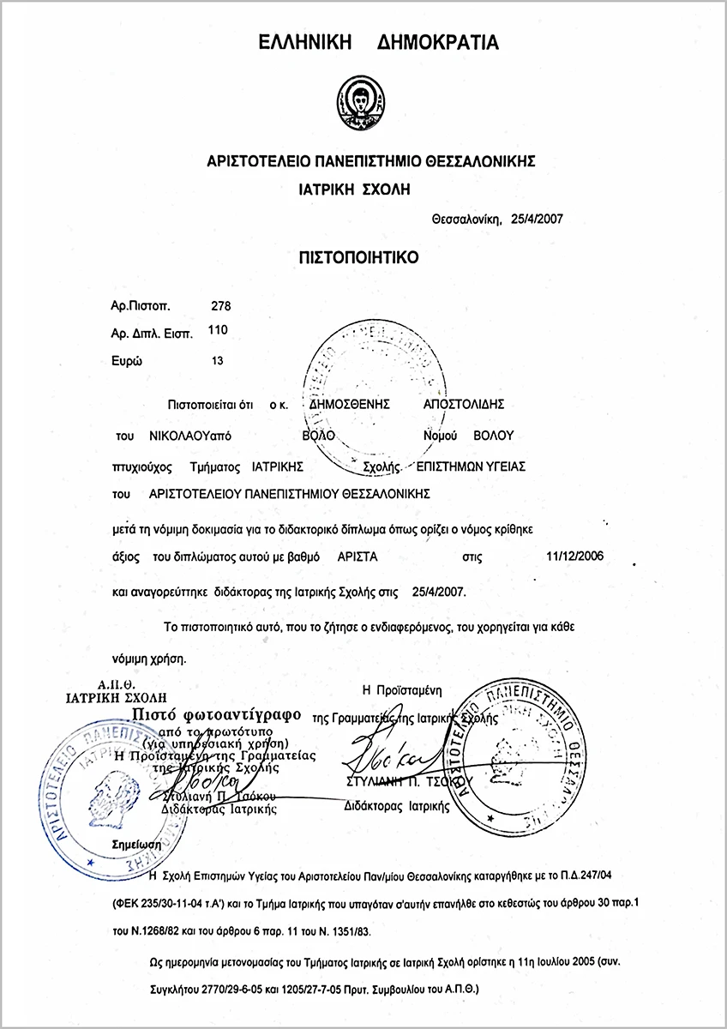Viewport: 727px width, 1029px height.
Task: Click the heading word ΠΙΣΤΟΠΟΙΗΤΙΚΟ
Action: click(363, 256)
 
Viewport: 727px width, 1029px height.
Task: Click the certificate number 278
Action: click(220, 305)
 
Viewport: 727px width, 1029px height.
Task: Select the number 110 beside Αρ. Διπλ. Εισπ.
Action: click(220, 328)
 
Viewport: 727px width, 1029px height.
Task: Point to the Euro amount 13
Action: click(216, 361)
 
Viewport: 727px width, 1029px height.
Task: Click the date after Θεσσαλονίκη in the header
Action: click(537, 218)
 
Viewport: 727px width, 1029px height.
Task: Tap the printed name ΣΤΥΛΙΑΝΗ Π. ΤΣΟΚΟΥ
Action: click(398, 783)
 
